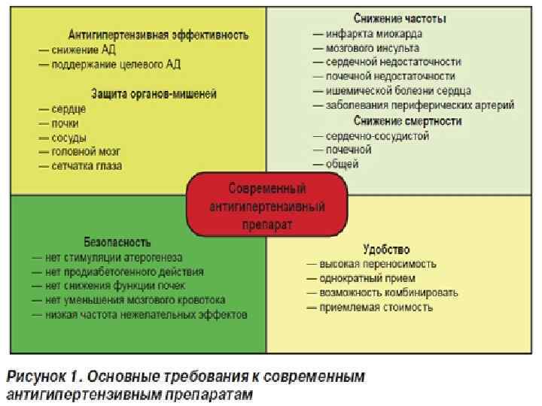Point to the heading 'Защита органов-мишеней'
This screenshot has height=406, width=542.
coord(154,94)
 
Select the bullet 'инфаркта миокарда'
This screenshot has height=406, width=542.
coord(373,33)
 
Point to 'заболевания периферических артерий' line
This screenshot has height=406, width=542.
coord(419,105)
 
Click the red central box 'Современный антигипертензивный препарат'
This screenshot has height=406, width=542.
coord(266,204)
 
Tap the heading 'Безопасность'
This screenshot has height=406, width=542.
coord(118,242)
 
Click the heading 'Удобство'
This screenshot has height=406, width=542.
coord(385,248)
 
